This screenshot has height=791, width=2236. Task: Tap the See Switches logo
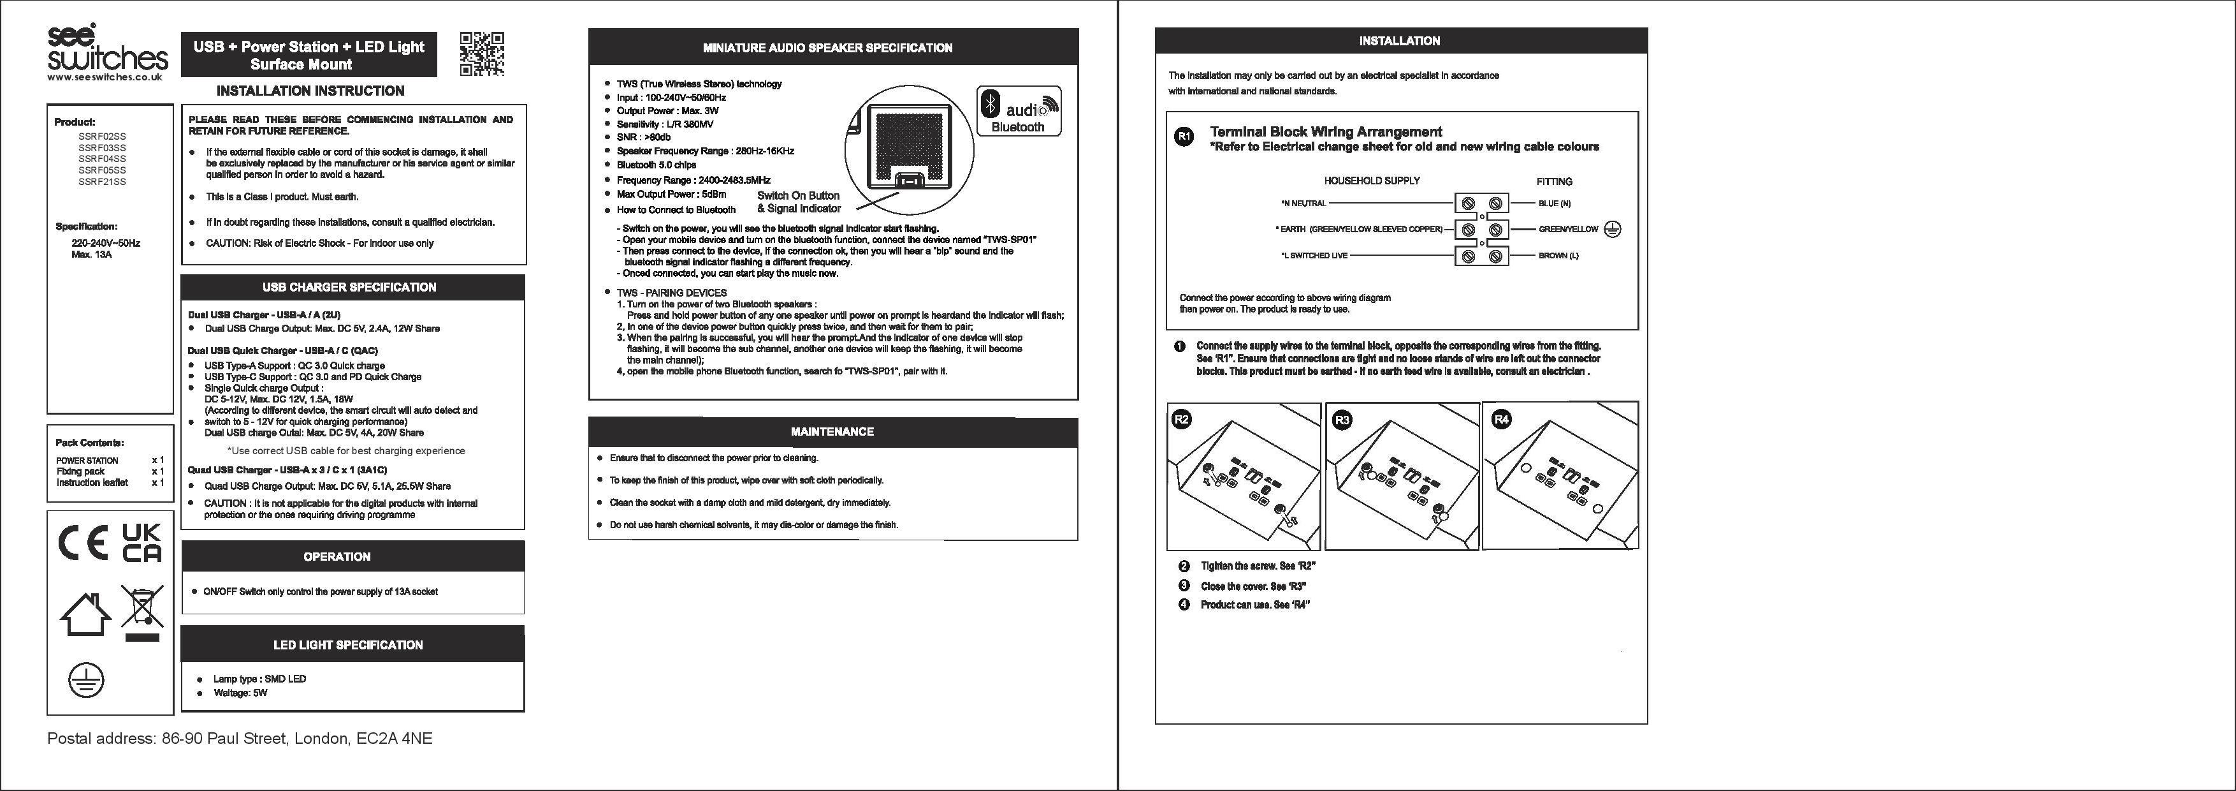click(108, 50)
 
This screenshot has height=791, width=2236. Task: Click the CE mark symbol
click(82, 543)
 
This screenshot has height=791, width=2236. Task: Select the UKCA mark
click(142, 543)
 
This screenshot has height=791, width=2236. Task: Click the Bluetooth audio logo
click(1018, 111)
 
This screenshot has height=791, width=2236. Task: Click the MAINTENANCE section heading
click(832, 431)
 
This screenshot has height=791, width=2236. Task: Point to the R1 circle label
click(1184, 137)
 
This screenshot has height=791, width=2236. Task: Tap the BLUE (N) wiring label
click(1554, 204)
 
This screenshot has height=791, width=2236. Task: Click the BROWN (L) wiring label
click(1558, 256)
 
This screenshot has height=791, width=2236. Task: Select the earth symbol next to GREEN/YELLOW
click(1613, 229)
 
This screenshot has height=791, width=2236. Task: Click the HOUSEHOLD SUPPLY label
click(1372, 181)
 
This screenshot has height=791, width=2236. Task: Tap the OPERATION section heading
click(337, 556)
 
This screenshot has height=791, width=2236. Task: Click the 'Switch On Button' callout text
click(797, 195)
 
